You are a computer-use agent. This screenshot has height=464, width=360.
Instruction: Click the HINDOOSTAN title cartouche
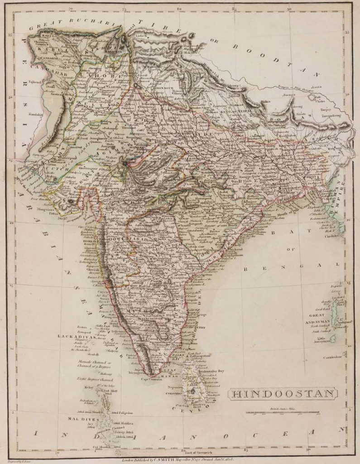283,393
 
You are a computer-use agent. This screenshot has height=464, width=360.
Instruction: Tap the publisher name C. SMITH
173,458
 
